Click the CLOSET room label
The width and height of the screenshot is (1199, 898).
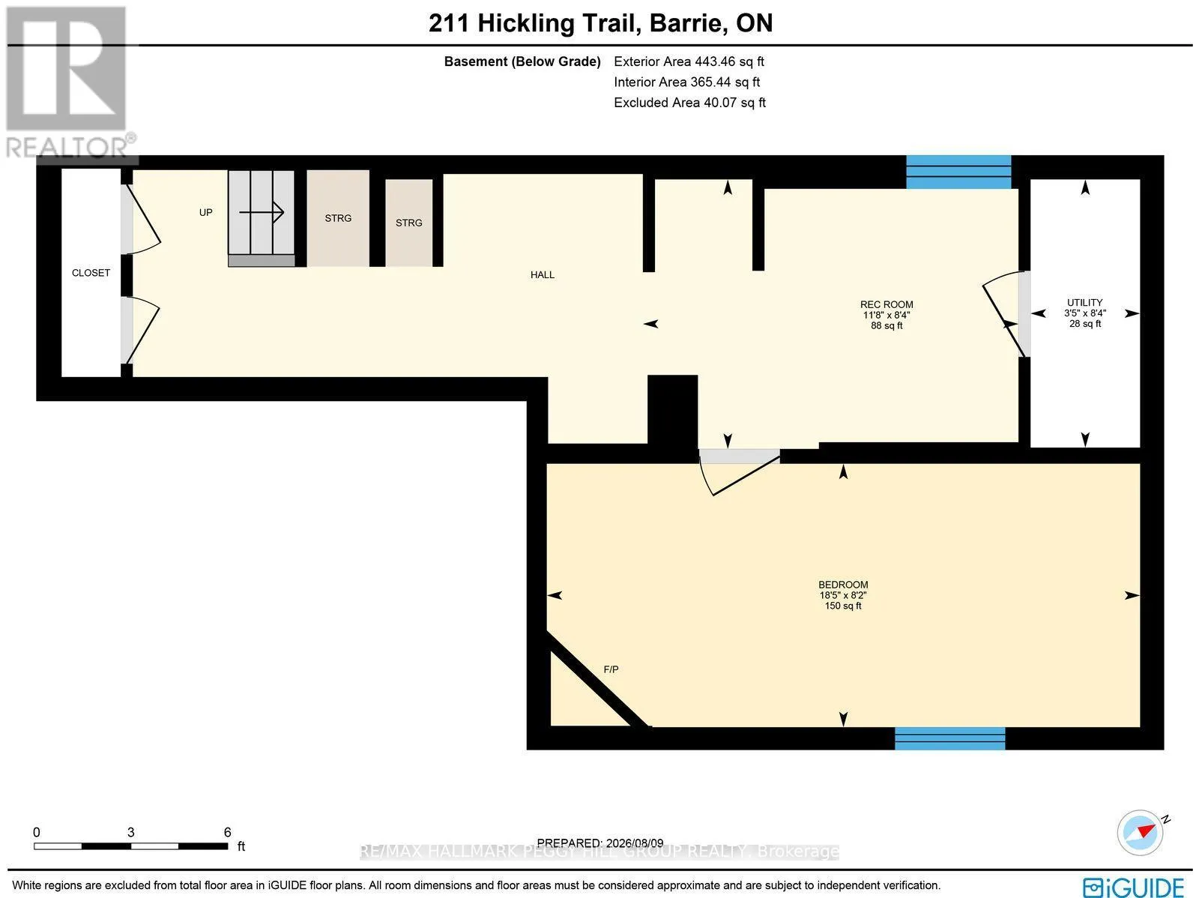[x=91, y=273]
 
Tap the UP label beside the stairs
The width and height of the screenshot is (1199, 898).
[x=206, y=212]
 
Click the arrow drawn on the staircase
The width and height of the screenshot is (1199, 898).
[x=262, y=212]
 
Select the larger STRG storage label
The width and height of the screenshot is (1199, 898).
[x=338, y=218]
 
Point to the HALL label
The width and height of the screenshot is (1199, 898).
[x=543, y=275]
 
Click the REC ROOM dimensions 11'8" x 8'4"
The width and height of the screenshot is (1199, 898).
[x=887, y=315]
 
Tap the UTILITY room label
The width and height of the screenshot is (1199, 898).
[x=1085, y=303]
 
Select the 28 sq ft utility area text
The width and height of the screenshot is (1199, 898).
[x=1085, y=324]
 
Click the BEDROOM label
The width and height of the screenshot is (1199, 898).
[x=843, y=585]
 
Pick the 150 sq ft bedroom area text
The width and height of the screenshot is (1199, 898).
[x=843, y=606]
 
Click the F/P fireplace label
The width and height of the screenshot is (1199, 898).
[x=611, y=669]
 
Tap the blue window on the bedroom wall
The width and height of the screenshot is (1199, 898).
[x=950, y=738]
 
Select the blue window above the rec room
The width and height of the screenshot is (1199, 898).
[x=958, y=172]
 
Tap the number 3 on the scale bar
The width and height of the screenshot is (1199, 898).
[x=131, y=833]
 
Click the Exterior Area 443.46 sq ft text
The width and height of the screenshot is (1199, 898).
[x=689, y=61]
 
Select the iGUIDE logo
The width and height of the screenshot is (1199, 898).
[x=1133, y=887]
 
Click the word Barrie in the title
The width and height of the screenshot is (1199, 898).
[x=688, y=23]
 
